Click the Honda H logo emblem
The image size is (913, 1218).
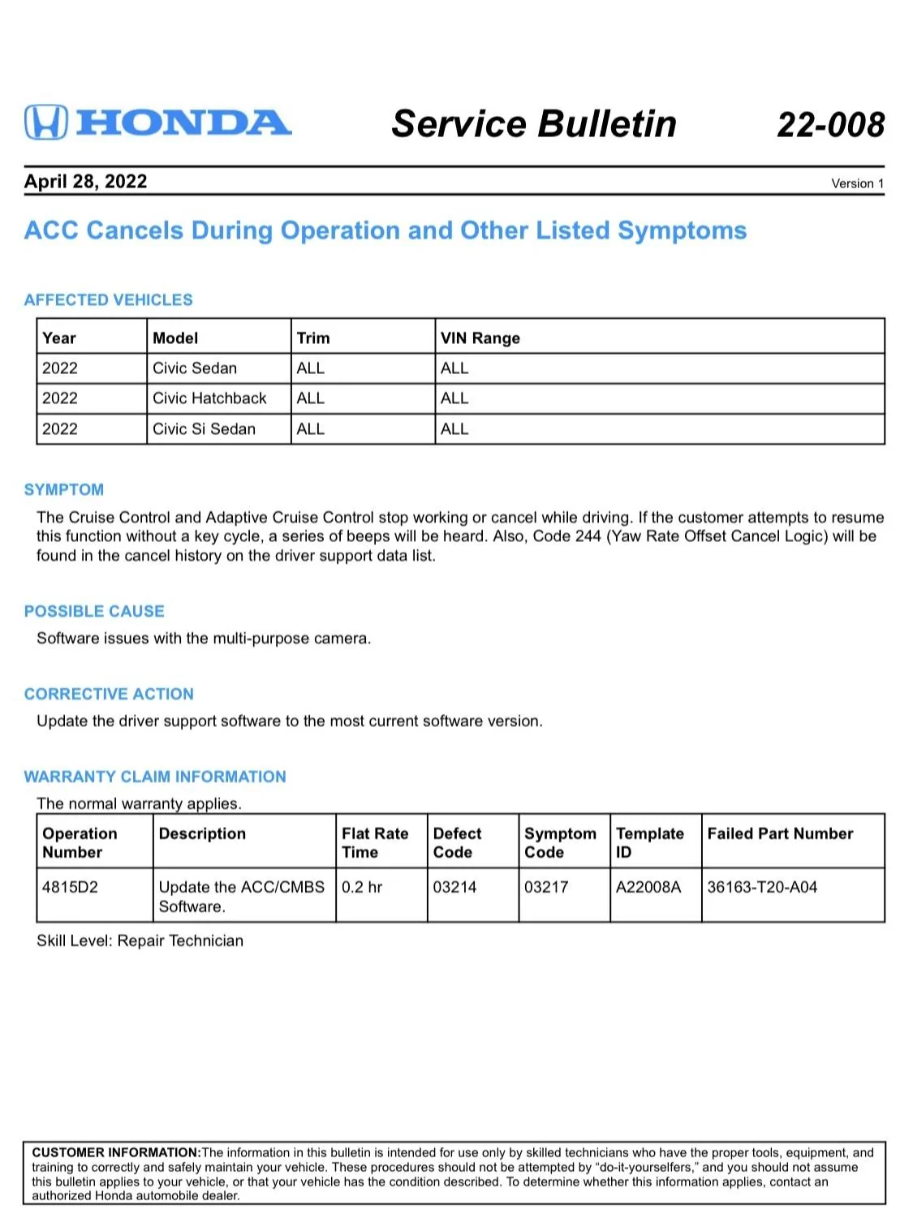45,123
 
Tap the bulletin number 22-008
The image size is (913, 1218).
830,125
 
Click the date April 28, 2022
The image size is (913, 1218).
85,181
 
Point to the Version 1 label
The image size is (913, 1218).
857,183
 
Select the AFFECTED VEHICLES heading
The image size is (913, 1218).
108,300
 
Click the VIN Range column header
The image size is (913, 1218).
480,338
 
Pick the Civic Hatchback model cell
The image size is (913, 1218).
209,398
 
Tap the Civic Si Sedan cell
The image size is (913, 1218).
204,429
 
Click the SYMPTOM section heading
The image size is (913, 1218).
64,490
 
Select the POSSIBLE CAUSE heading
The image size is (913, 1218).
94,612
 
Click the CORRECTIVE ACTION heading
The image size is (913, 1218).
109,695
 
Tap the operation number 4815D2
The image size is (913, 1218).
70,887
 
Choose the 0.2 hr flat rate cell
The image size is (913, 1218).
362,887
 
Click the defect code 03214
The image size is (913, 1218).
454,887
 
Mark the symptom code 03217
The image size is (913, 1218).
546,887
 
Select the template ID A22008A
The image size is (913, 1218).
648,887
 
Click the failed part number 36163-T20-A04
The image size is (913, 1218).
762,887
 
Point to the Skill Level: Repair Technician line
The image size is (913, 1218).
140,941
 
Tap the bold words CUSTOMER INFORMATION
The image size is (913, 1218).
115,1152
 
